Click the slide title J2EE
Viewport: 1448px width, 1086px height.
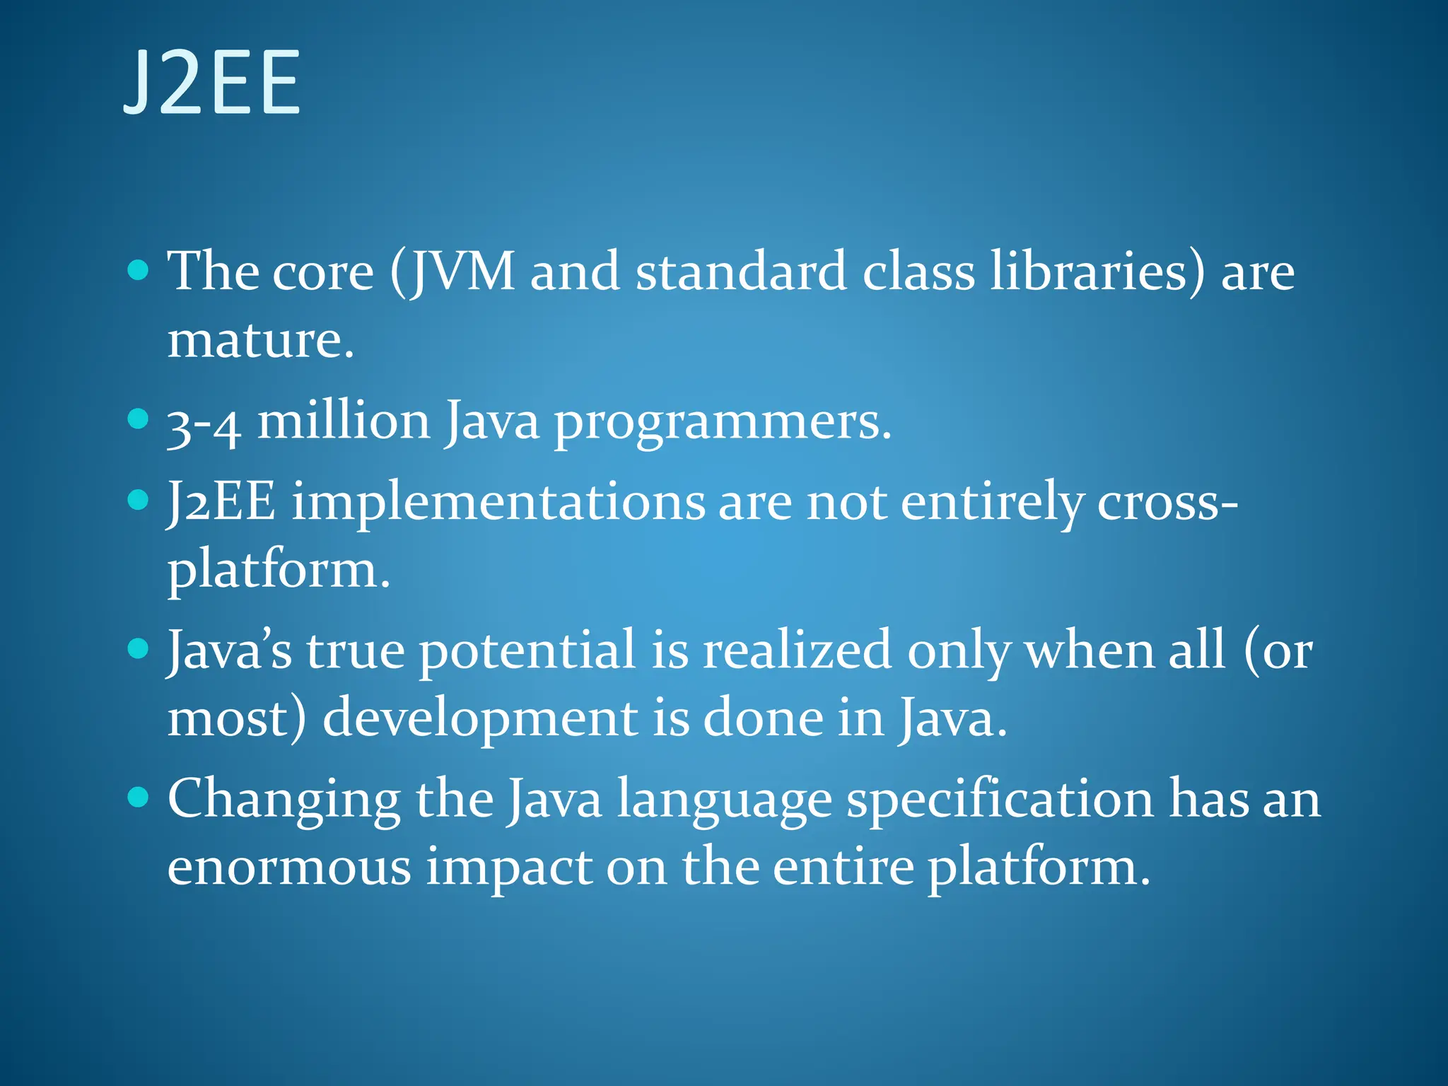(x=212, y=83)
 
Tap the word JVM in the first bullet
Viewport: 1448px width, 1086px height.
(x=464, y=271)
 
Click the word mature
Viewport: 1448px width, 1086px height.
(x=260, y=340)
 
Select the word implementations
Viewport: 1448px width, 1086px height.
(x=498, y=502)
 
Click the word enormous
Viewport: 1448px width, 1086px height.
(x=289, y=868)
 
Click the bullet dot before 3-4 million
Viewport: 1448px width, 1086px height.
(x=139, y=419)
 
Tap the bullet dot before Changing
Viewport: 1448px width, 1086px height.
(x=139, y=797)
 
